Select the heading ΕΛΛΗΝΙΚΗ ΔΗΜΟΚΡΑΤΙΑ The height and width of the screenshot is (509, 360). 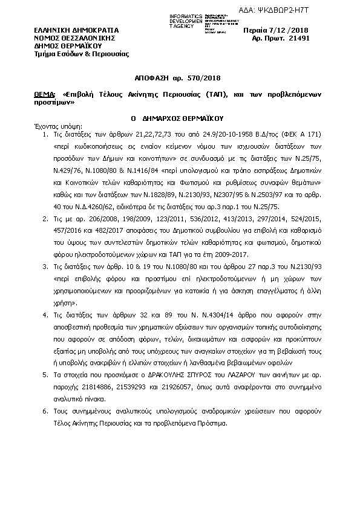76,30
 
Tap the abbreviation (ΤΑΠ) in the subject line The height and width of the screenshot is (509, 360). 217,95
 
